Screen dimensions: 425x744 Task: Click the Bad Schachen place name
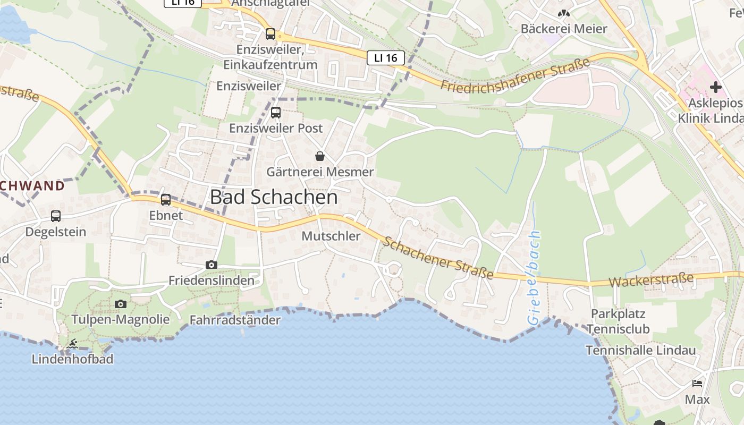tap(274, 197)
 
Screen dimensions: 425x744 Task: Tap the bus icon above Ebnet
tap(166, 200)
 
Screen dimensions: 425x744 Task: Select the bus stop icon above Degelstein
tap(56, 216)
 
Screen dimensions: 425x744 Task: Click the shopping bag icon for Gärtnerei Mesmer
tap(320, 156)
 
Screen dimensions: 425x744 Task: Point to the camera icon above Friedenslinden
tap(212, 265)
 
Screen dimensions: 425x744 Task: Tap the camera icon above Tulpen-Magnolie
tap(121, 304)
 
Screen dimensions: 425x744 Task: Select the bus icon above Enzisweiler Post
tap(275, 113)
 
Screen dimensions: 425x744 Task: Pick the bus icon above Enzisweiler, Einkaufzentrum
tap(270, 34)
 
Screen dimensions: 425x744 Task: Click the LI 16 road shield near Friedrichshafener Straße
tap(386, 58)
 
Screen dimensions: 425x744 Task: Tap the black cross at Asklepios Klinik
tap(715, 87)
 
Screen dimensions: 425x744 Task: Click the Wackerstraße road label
tap(651, 280)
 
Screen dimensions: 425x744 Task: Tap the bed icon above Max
tap(697, 384)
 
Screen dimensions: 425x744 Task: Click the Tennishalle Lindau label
tap(640, 351)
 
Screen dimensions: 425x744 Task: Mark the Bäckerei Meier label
tap(564, 29)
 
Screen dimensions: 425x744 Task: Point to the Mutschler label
tap(331, 236)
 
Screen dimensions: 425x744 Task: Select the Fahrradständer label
tap(235, 320)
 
